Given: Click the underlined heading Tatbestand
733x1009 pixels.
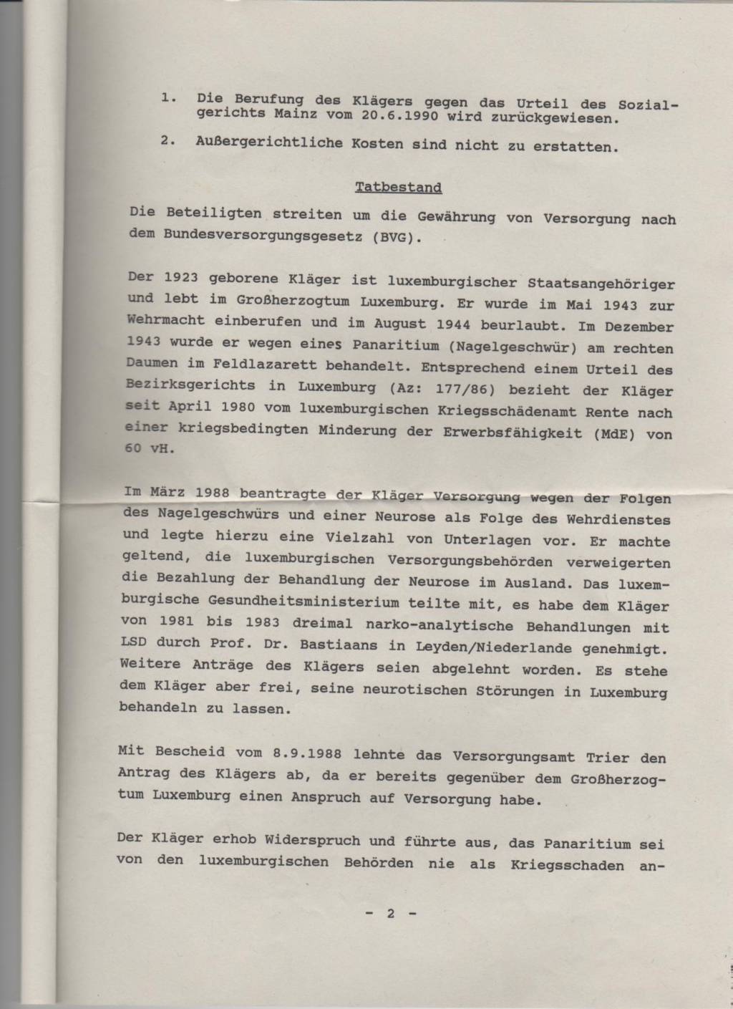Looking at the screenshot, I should (x=398, y=188).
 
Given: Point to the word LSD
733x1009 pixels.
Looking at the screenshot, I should (x=136, y=642).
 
